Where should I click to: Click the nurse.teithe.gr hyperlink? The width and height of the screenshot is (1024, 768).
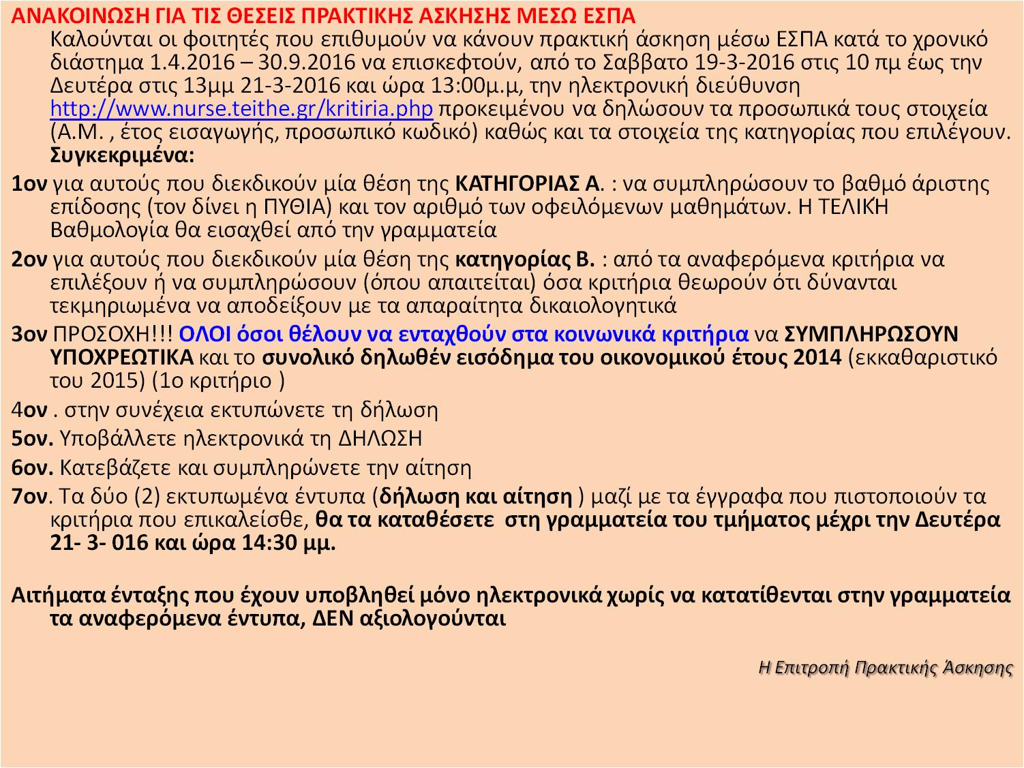tap(242, 109)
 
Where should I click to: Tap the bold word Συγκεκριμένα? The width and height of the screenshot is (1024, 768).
tap(123, 155)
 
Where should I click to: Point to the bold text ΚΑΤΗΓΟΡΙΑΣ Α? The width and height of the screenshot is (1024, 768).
tap(528, 184)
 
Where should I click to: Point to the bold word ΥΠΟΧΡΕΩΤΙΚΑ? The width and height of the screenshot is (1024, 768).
tap(121, 357)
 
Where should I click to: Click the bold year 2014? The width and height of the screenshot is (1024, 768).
tap(817, 357)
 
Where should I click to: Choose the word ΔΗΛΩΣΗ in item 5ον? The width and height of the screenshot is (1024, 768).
tap(380, 438)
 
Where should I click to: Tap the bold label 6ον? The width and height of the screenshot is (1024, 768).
tap(32, 468)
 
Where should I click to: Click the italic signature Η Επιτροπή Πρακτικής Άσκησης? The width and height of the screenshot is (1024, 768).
tap(886, 667)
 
